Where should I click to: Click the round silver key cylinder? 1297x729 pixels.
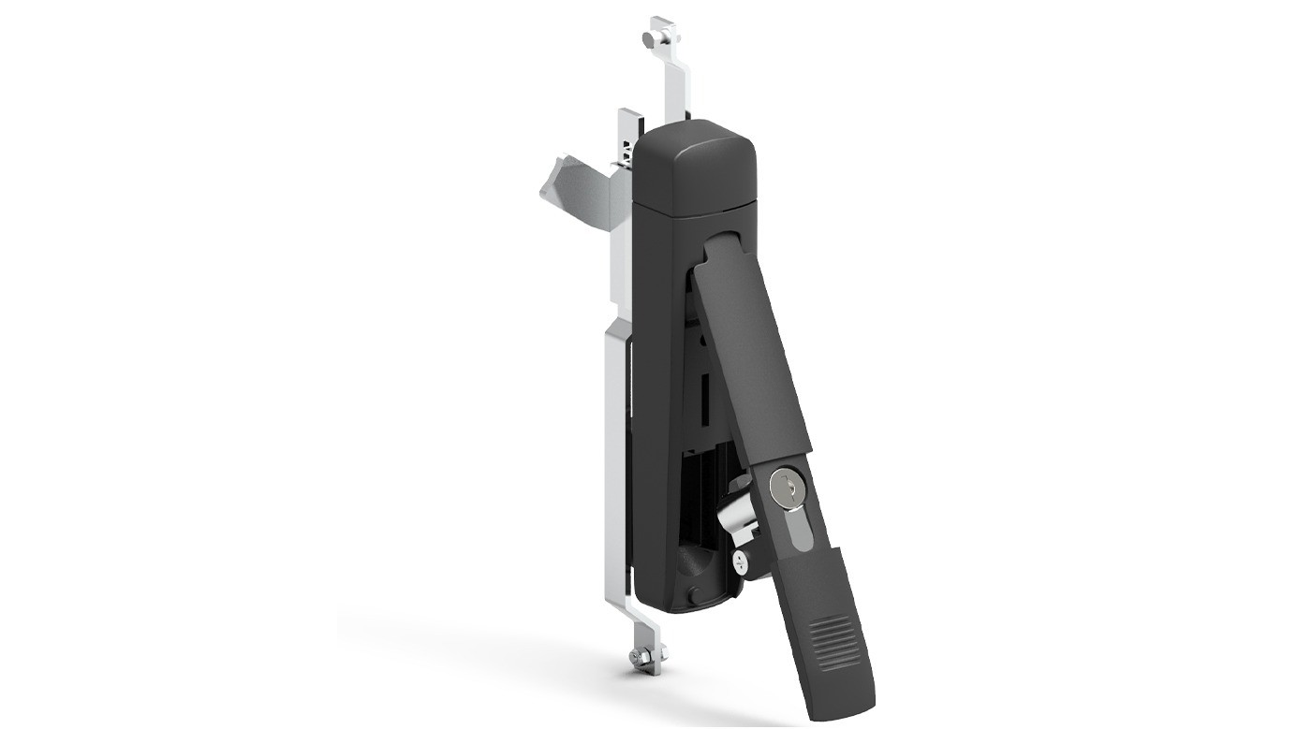[785, 486]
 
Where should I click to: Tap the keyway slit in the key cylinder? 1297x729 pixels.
[785, 485]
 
